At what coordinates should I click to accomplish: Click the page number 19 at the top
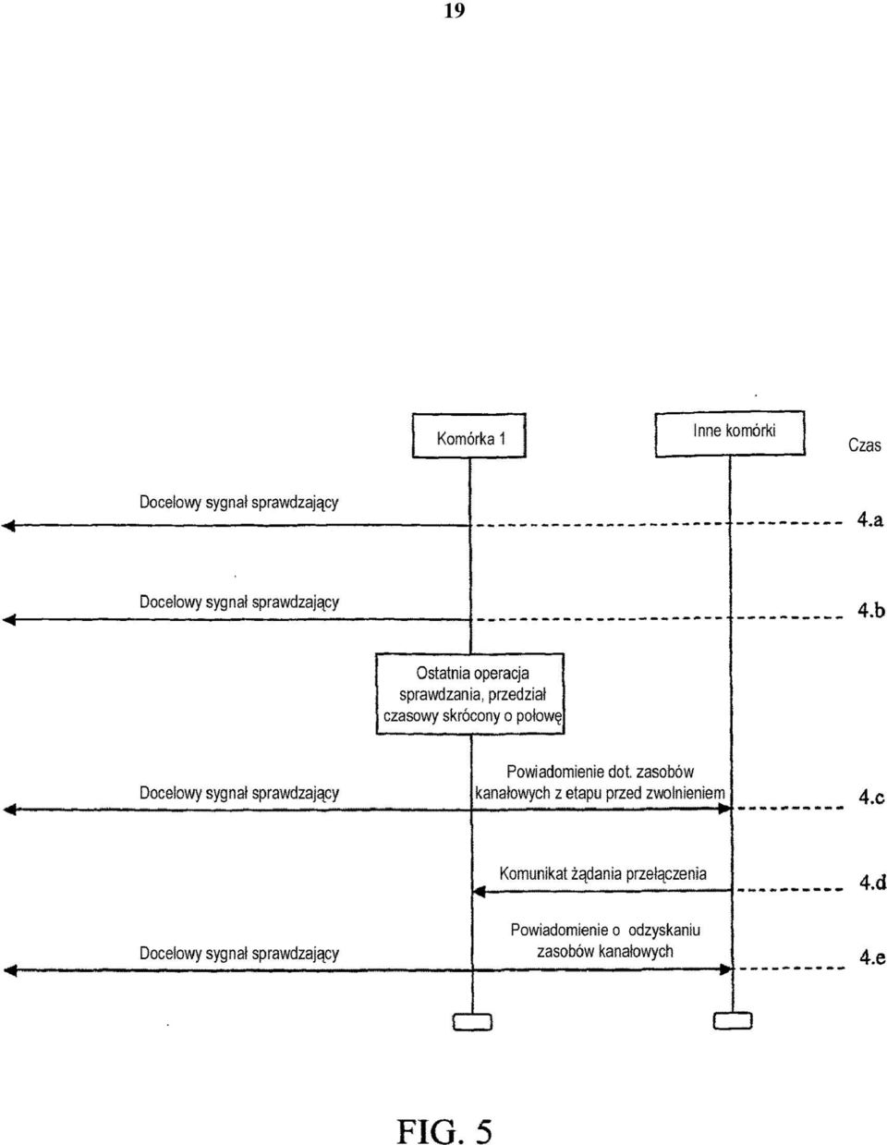point(454,11)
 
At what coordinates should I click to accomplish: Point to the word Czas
point(864,445)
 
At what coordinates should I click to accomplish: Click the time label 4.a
point(870,520)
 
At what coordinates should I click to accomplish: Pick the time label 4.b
point(871,611)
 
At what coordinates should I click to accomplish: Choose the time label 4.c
point(871,798)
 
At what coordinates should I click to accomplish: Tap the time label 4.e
point(872,958)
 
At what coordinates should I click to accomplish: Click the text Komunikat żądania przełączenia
point(602,873)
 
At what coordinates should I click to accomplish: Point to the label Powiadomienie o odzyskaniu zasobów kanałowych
point(605,941)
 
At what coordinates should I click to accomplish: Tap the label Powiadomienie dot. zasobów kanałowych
point(600,783)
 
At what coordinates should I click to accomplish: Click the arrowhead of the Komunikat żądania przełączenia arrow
point(478,892)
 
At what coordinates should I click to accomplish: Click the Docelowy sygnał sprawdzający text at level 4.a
point(238,502)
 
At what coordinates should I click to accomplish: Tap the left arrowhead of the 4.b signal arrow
point(8,620)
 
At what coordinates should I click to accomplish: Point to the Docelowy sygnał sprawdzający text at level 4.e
point(238,953)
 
